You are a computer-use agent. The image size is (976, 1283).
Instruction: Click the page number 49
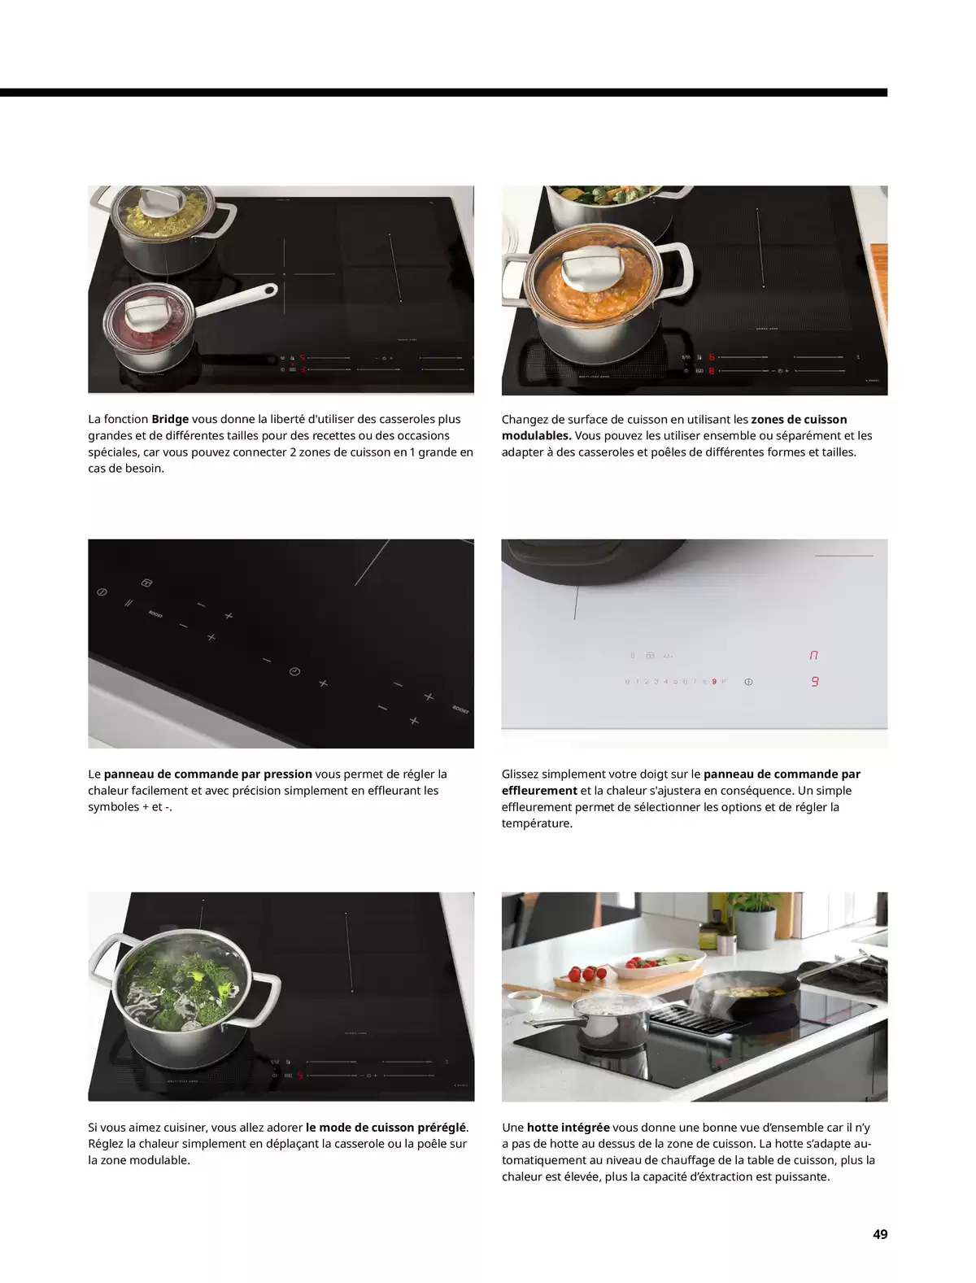[879, 1234]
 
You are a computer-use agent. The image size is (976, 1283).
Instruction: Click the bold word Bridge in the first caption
[170, 419]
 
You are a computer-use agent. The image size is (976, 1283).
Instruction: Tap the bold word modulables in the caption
[534, 435]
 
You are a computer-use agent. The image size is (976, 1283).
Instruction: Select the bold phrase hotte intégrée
[568, 1128]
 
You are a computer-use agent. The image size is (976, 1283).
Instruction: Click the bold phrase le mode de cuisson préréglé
[386, 1128]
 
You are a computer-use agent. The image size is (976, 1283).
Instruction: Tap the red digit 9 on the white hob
[814, 682]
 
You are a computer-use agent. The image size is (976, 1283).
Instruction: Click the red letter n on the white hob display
[813, 655]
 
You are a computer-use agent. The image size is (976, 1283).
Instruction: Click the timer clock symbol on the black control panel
[294, 671]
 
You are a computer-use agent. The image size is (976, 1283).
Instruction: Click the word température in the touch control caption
[537, 823]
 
